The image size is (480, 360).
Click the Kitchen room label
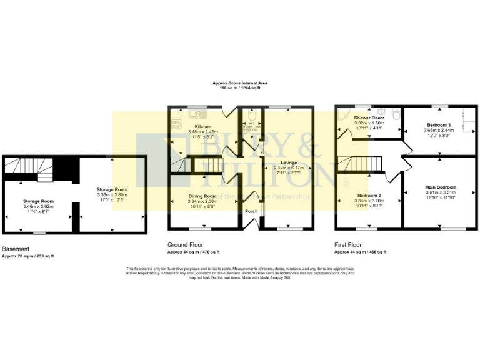coord(194,126)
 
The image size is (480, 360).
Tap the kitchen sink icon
coord(199,113)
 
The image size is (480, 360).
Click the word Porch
coord(251,211)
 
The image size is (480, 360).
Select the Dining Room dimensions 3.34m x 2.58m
coord(203,201)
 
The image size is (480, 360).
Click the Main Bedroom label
coord(441,187)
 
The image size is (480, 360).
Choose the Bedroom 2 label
coord(369,196)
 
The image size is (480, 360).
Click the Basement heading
coord(16,248)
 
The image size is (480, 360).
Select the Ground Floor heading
coord(186,245)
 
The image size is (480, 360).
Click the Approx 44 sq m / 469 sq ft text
coord(360,252)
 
